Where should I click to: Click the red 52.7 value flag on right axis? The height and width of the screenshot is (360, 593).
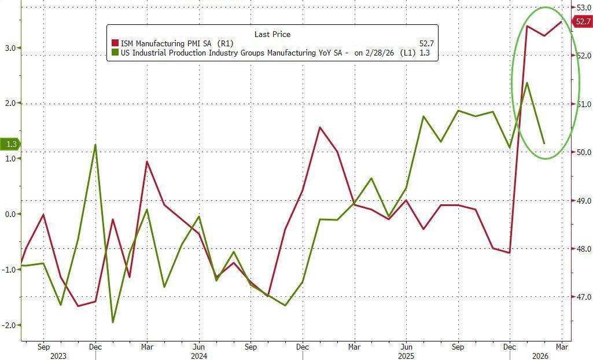coord(583,22)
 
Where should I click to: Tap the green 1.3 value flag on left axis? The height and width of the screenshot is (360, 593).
coord(10,144)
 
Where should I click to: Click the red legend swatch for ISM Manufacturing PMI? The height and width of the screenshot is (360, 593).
coord(115,43)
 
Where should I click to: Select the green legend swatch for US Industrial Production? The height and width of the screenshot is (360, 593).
coord(115,53)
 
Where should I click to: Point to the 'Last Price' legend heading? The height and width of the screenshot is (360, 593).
coord(272,34)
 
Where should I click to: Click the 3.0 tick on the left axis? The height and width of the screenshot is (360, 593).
coord(10,48)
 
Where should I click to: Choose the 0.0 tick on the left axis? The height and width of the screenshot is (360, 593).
coord(10,214)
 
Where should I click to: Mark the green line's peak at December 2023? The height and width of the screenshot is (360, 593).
coord(95,145)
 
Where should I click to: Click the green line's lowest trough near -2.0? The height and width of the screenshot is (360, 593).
coord(113,322)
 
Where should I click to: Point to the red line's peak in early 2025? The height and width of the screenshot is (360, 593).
coord(320,127)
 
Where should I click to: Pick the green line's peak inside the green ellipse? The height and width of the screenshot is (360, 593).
coord(527,83)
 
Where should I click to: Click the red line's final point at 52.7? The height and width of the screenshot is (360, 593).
coord(561,22)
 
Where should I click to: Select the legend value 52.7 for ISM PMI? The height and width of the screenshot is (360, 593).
coord(427,43)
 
